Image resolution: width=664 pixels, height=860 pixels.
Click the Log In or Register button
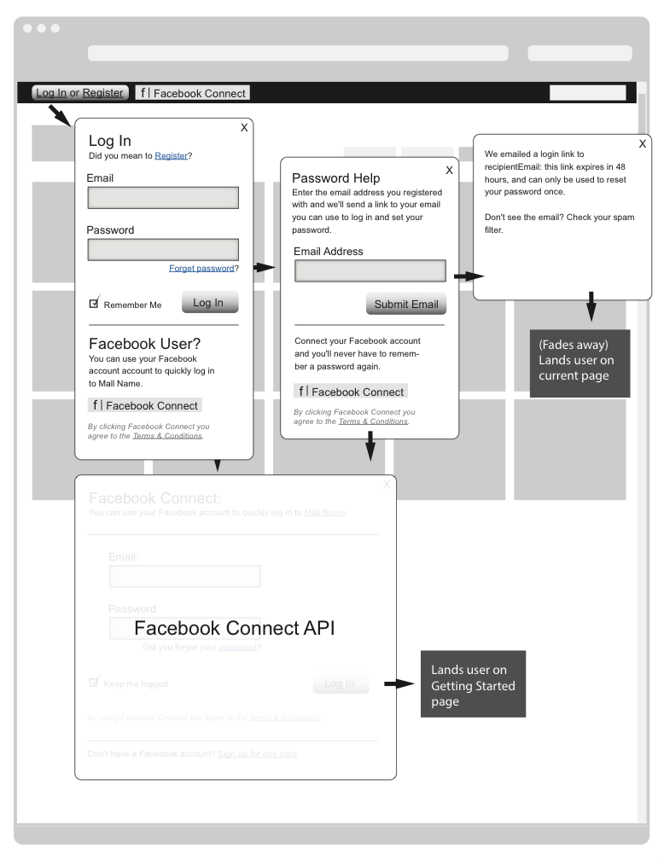[79, 93]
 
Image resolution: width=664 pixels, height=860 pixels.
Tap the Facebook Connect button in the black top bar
[192, 93]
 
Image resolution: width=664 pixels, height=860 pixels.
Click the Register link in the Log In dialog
[171, 156]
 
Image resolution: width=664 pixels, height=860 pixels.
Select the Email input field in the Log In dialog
[163, 198]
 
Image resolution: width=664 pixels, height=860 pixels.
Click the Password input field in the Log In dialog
[163, 249]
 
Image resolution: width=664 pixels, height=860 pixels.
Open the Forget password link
[201, 268]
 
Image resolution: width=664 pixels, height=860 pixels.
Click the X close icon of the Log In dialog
[244, 127]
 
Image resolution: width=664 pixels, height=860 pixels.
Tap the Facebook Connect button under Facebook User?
[145, 405]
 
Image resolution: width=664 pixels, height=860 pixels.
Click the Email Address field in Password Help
[370, 271]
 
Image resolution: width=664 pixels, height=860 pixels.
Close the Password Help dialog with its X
[449, 171]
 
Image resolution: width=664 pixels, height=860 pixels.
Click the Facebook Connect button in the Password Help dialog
[351, 392]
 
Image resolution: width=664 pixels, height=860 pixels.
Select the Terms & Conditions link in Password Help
[373, 421]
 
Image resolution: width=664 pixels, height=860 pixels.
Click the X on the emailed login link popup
[642, 144]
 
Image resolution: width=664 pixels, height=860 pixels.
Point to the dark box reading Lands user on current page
[580, 363]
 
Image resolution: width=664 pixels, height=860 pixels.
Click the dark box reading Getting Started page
[473, 683]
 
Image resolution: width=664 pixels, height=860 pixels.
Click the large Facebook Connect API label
[235, 629]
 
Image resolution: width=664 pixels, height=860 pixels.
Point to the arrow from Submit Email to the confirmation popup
[469, 276]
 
